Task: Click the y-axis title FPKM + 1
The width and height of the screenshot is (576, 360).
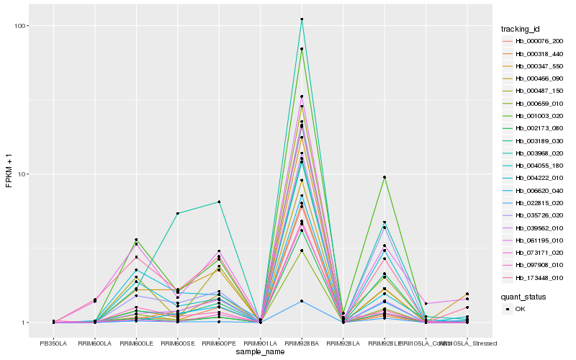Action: pos(9,174)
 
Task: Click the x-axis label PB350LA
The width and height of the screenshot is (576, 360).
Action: pos(53,342)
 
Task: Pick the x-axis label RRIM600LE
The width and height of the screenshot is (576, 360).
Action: pos(136,342)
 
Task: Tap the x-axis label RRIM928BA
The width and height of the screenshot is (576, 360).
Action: pos(302,342)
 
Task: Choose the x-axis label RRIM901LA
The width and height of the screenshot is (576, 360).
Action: pos(260,342)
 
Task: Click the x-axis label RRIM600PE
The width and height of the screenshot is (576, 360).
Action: pos(219,342)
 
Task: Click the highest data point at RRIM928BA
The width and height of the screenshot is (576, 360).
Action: pos(302,19)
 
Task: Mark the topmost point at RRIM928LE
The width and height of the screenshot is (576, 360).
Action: pos(384,177)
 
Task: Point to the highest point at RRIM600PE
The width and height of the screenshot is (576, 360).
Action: pos(219,202)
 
